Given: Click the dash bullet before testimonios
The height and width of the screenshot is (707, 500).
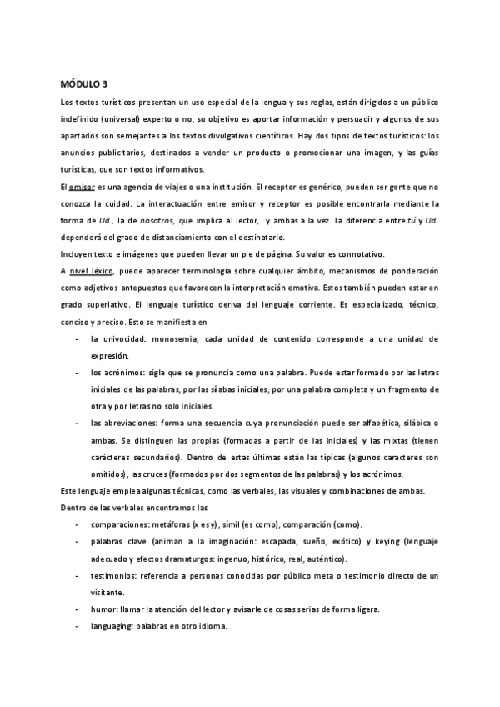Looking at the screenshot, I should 77,575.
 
